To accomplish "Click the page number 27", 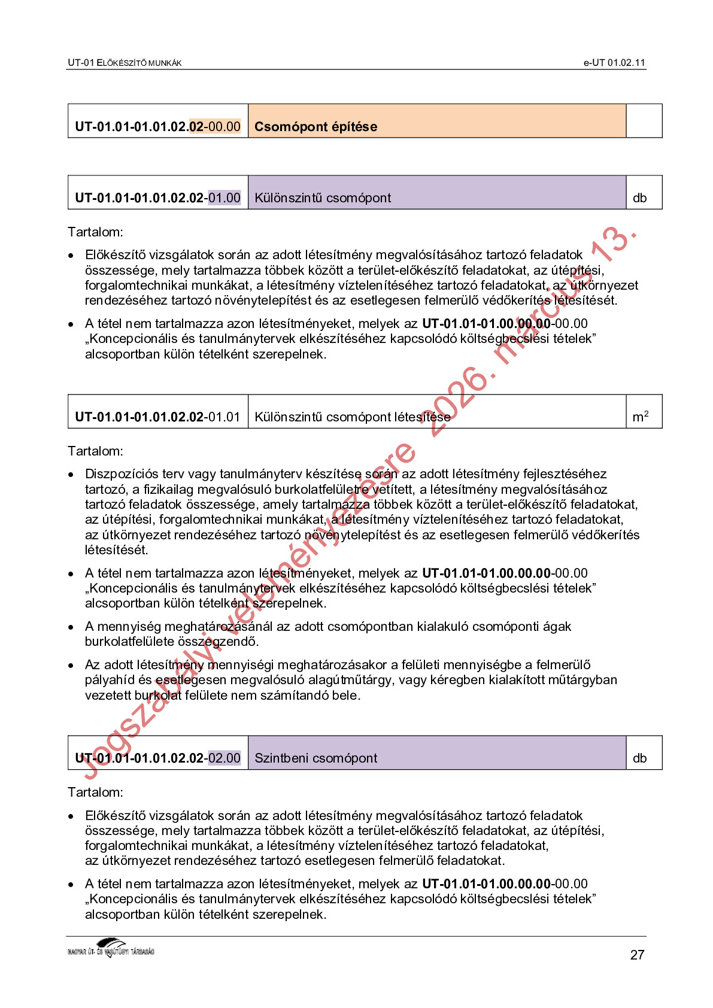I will [x=637, y=955].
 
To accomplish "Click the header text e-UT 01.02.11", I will [x=614, y=62].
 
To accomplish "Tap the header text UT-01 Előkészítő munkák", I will [x=125, y=62].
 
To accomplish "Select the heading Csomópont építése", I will [x=315, y=126].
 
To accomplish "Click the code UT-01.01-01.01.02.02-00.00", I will [x=157, y=126].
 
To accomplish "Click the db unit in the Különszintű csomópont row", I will [x=639, y=198].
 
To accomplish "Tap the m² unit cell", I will [x=640, y=416].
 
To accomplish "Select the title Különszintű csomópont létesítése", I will [x=352, y=417].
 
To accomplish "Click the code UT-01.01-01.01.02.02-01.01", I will [x=157, y=417].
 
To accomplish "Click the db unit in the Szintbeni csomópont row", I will [x=639, y=758].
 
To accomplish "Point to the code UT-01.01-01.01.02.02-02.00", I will [x=157, y=758].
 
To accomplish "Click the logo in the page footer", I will [x=111, y=949].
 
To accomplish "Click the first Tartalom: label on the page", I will [x=95, y=232].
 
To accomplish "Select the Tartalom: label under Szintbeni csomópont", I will [x=95, y=792].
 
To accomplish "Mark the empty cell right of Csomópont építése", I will [x=644, y=121].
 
